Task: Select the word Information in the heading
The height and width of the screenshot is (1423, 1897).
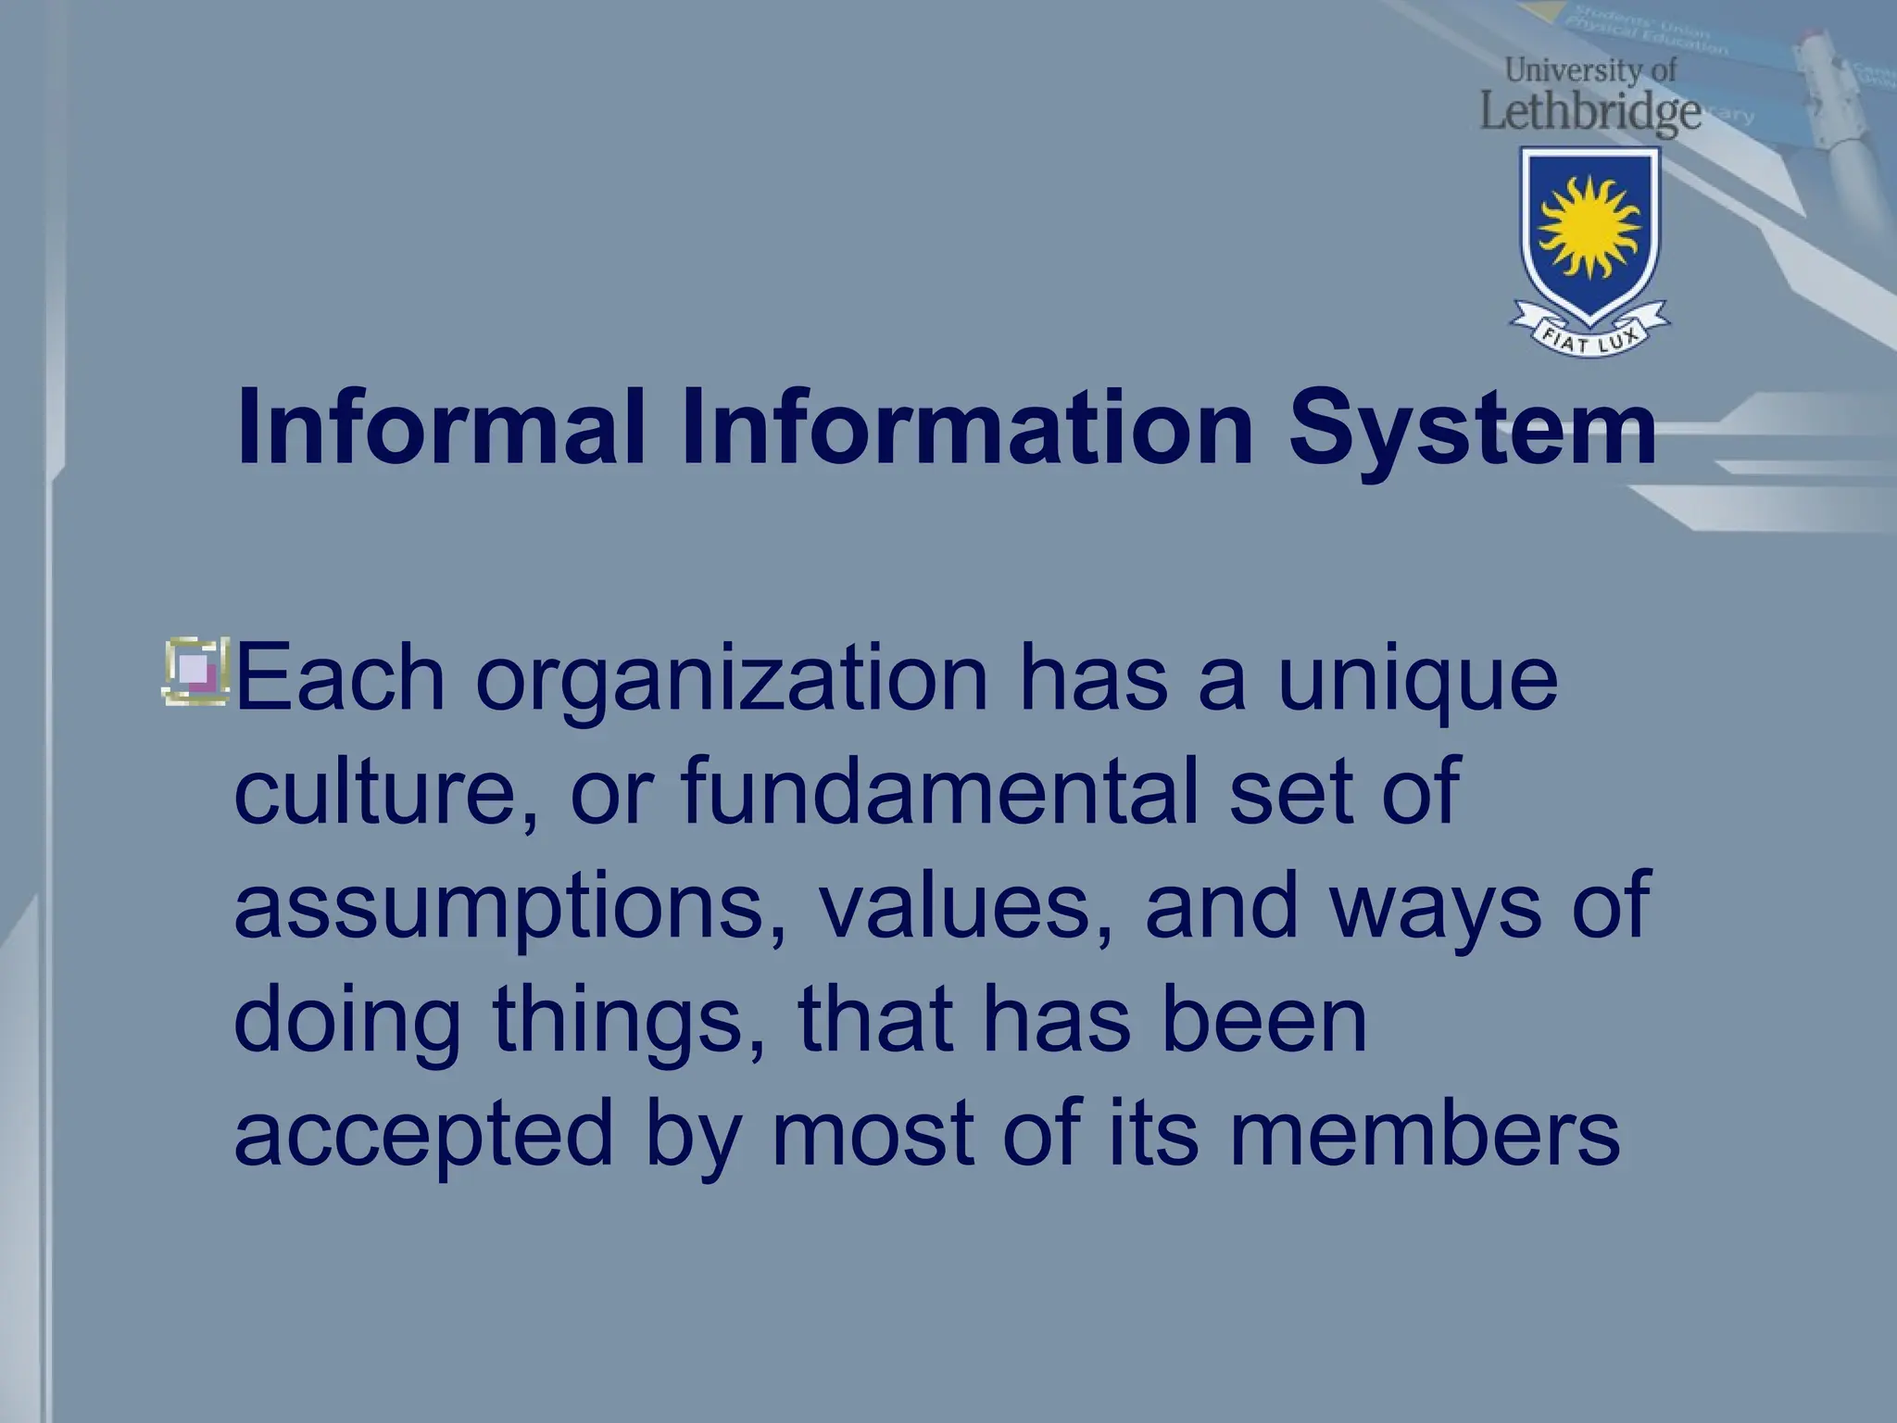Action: coord(967,429)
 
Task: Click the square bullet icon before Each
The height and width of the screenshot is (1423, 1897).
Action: coord(195,672)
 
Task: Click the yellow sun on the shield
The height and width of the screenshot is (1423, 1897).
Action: coord(1589,227)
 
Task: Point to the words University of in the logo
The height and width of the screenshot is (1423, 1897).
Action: coord(1589,69)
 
